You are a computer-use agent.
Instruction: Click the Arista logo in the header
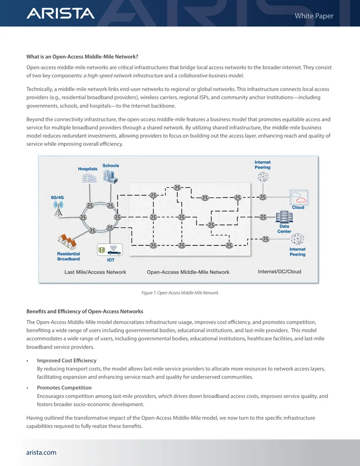(61, 14)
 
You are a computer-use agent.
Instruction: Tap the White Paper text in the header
(314, 16)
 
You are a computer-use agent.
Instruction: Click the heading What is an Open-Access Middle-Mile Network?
(82, 57)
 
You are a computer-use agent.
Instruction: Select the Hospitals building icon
(90, 178)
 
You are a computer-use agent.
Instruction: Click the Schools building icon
(111, 176)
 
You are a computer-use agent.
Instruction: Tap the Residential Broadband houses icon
(67, 241)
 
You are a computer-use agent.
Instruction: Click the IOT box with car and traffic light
(110, 250)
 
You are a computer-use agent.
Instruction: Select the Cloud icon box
(298, 197)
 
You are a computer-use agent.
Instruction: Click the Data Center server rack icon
(284, 217)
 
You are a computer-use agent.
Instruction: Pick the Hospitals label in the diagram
(88, 169)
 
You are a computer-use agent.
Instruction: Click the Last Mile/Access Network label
(95, 272)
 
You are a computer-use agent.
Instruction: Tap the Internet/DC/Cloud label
(279, 271)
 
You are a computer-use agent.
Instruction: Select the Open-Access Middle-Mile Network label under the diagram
(188, 272)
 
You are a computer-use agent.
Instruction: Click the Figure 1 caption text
(180, 293)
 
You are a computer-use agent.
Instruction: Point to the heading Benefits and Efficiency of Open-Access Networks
(85, 312)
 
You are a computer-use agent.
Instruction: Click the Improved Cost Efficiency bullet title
(67, 361)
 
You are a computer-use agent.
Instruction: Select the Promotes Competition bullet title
(64, 388)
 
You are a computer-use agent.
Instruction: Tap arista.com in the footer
(41, 452)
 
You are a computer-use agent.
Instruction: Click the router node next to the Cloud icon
(262, 197)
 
